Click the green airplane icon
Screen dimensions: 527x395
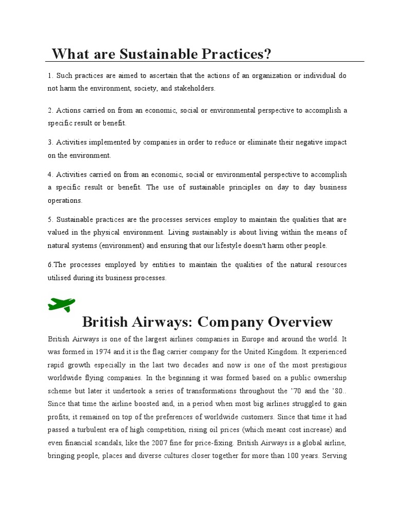(x=61, y=304)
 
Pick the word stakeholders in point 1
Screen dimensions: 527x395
(x=194, y=89)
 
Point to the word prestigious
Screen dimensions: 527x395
(x=327, y=364)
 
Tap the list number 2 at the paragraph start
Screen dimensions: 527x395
(x=50, y=111)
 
